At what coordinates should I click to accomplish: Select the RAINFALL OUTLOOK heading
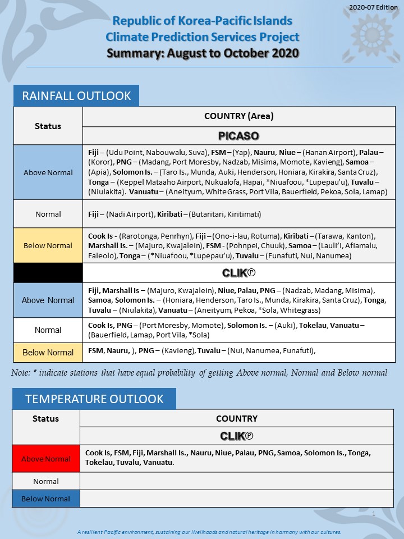click(x=76, y=95)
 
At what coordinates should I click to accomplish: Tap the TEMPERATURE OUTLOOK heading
click(x=94, y=399)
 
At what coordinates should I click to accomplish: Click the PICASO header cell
click(x=238, y=136)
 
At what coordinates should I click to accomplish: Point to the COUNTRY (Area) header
click(x=238, y=116)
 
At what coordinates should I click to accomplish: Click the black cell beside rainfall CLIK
click(x=48, y=273)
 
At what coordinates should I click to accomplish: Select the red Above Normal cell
click(x=46, y=459)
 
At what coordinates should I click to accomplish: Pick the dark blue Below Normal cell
click(x=46, y=499)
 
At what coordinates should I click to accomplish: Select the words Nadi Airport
click(x=136, y=214)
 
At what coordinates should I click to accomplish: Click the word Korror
click(x=103, y=162)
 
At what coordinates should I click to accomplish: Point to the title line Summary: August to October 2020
click(x=203, y=53)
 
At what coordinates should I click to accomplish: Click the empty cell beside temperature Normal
click(x=236, y=481)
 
